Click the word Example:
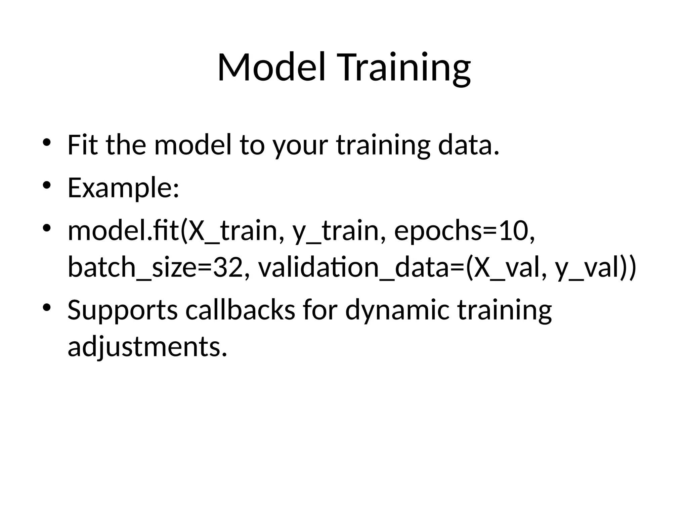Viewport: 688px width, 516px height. click(x=123, y=188)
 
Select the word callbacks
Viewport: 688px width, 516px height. click(x=240, y=310)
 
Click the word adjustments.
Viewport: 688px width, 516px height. click(x=147, y=347)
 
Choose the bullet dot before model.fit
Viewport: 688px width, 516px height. click(x=46, y=228)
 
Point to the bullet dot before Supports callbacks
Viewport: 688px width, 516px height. click(x=46, y=307)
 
